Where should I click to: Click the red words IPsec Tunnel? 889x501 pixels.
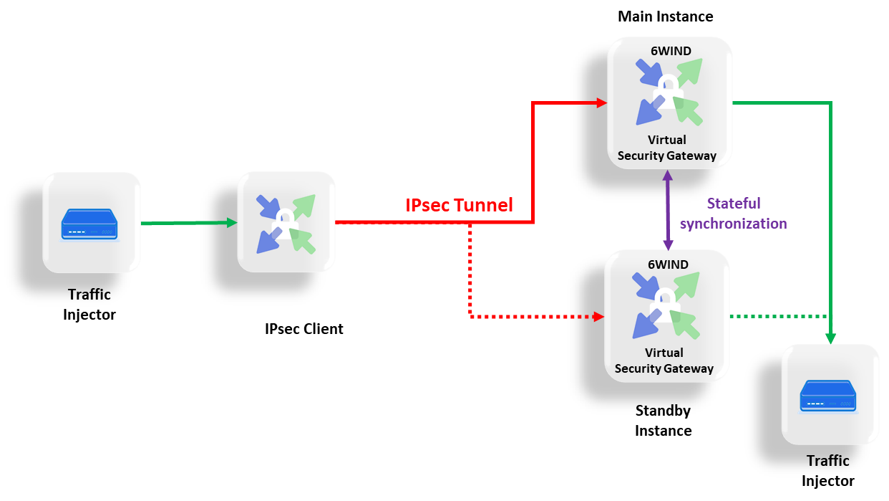pos(459,206)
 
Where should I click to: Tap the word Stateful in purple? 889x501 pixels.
pos(733,204)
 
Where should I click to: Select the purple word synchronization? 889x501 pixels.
pos(733,224)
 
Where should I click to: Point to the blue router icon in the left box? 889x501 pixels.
pos(91,224)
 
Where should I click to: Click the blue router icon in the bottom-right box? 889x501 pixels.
pos(829,396)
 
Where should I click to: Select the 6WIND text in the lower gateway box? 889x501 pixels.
pos(668,264)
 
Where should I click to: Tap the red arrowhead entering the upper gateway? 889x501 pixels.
pos(602,103)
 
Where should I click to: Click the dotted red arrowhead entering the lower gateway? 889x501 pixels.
pos(598,316)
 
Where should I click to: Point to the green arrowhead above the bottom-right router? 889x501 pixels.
pos(830,338)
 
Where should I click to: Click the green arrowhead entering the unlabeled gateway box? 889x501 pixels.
pos(231,223)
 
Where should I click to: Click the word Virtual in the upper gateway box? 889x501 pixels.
pos(667,140)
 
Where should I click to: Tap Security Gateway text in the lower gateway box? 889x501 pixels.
pos(664,368)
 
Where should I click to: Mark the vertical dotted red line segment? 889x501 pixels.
pos(470,269)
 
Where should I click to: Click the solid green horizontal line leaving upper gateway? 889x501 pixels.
pos(780,103)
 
